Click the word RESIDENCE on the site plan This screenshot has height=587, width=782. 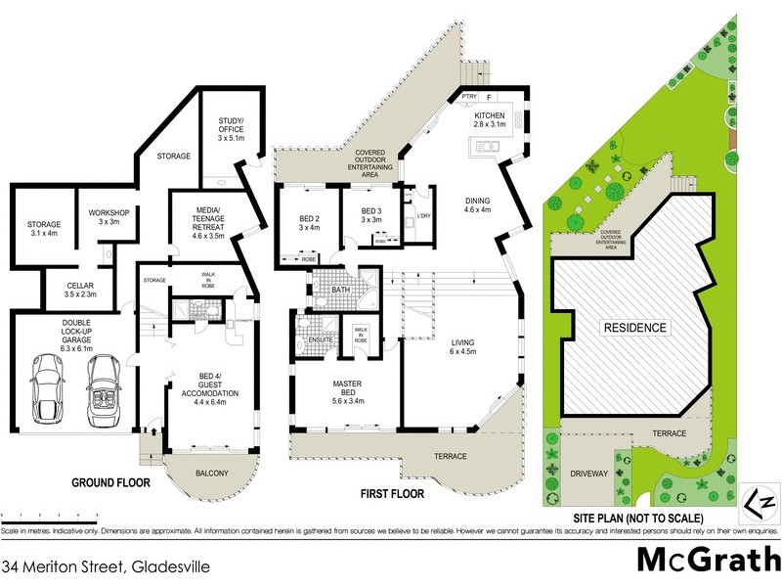pyautogui.click(x=633, y=328)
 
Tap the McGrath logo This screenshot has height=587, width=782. pyautogui.click(x=708, y=559)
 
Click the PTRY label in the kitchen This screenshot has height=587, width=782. pyautogui.click(x=468, y=98)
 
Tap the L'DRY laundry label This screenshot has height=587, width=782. pyautogui.click(x=424, y=215)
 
